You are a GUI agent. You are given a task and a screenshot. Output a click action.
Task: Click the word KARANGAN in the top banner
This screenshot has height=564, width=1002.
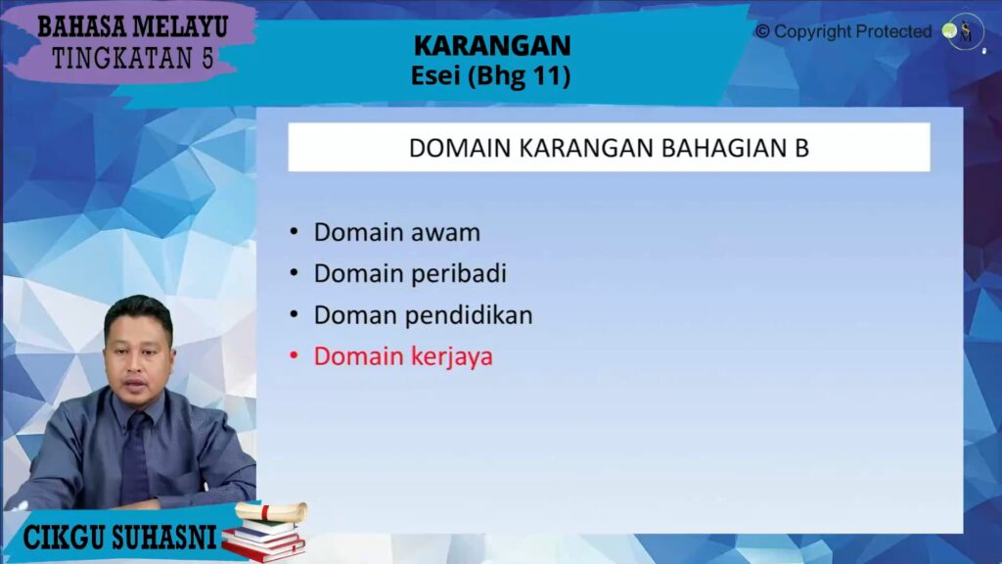[492, 46]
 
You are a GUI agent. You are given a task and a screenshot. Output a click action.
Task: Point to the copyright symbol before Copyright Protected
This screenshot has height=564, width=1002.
[762, 31]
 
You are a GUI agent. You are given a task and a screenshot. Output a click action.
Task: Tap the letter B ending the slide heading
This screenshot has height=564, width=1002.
[802, 148]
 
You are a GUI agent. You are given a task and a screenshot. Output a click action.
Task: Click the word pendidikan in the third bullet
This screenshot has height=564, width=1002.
[469, 315]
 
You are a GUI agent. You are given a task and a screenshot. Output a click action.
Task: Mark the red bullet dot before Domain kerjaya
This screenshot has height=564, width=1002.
[294, 355]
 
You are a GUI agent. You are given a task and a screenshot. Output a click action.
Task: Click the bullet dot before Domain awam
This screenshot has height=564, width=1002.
[294, 231]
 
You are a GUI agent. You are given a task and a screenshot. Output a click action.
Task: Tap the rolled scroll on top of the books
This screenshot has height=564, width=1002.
[271, 511]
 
